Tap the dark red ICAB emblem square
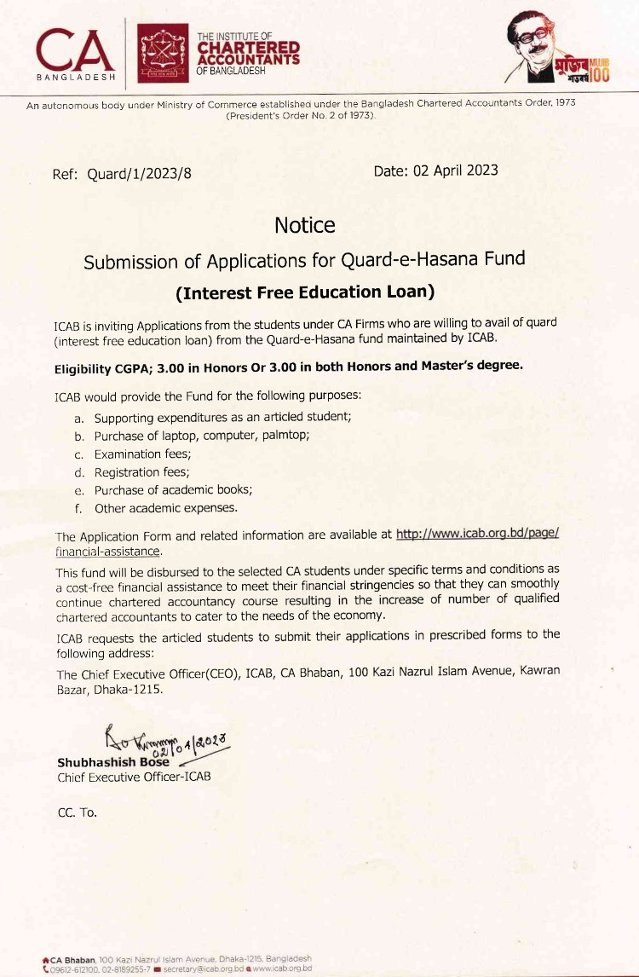[163, 53]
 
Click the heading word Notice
[304, 225]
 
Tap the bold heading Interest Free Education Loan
[305, 292]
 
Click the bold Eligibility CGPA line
[288, 367]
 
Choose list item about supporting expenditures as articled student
[222, 418]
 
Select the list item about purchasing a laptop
[201, 436]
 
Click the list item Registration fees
[141, 471]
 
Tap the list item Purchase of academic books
[173, 490]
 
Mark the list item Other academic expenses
[165, 508]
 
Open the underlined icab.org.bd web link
[477, 535]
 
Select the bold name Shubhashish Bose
[112, 762]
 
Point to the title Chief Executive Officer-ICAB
[134, 777]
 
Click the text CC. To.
[77, 812]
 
